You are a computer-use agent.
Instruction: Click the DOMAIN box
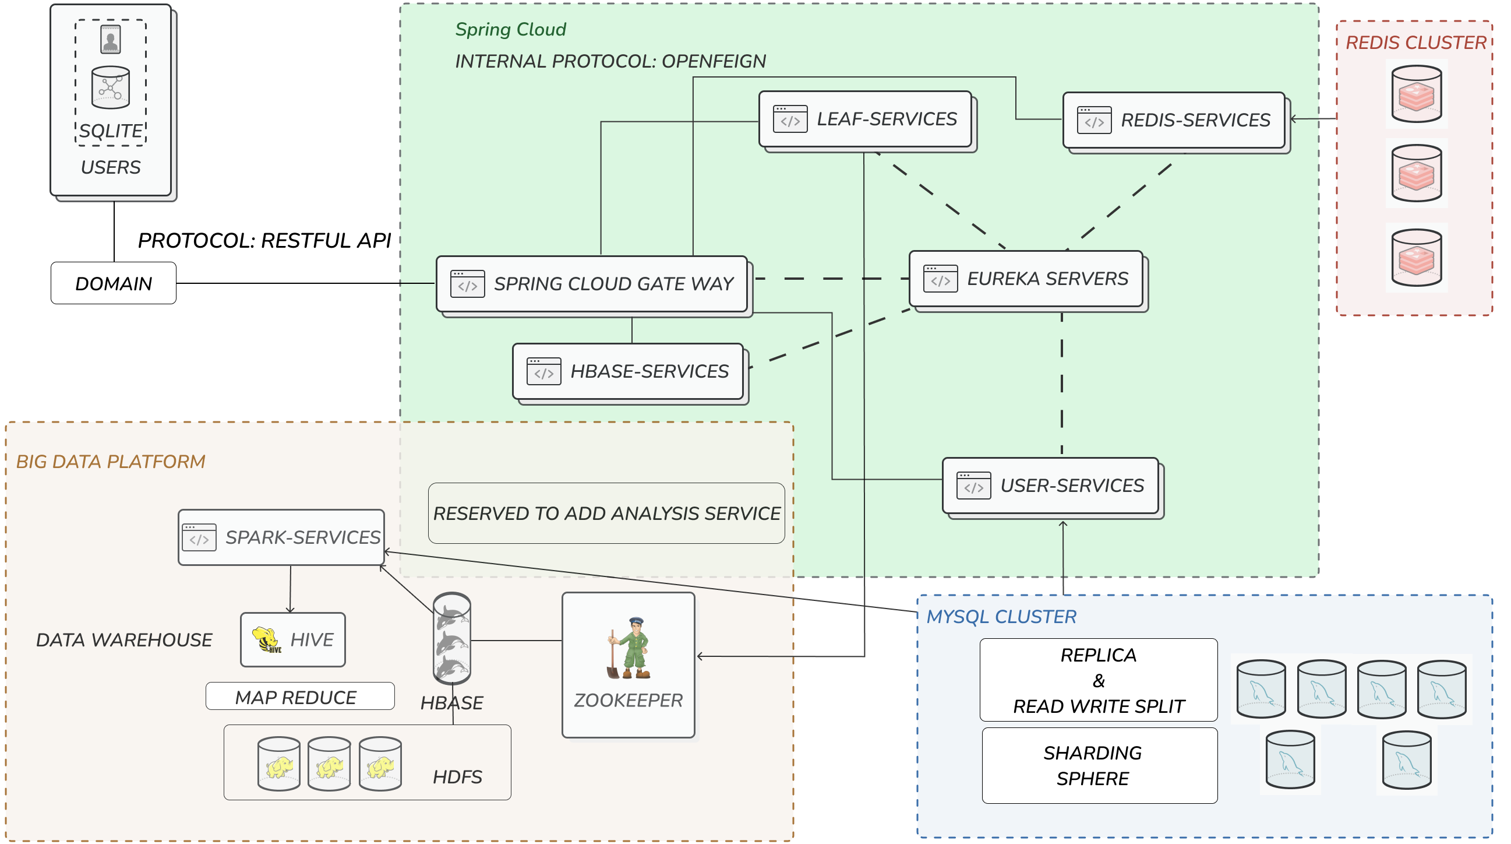pyautogui.click(x=113, y=283)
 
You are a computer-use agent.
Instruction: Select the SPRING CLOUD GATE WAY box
pyautogui.click(x=591, y=283)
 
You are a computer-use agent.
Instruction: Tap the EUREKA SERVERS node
pyautogui.click(x=1026, y=278)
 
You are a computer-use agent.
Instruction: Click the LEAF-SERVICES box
pyautogui.click(x=865, y=118)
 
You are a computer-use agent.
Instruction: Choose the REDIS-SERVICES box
pyautogui.click(x=1174, y=119)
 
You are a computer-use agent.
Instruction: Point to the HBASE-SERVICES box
pyautogui.click(x=627, y=371)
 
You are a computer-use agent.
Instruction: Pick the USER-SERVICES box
pyautogui.click(x=1051, y=486)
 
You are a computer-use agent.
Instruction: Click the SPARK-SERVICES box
pyautogui.click(x=281, y=537)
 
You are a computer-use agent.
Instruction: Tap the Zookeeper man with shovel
pyautogui.click(x=629, y=648)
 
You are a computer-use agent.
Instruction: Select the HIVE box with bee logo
pyautogui.click(x=292, y=639)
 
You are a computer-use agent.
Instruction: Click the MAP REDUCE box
pyautogui.click(x=300, y=697)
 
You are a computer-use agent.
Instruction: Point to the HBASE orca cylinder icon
pyautogui.click(x=451, y=638)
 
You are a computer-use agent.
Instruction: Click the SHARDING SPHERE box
pyautogui.click(x=1099, y=765)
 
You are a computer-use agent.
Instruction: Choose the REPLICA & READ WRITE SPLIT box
pyautogui.click(x=1098, y=680)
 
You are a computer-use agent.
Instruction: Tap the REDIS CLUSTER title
pyautogui.click(x=1415, y=43)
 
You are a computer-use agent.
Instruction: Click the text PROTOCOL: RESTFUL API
pyautogui.click(x=264, y=240)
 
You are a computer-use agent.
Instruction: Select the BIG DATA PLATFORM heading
pyautogui.click(x=110, y=461)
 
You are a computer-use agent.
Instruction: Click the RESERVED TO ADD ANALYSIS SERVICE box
pyautogui.click(x=606, y=513)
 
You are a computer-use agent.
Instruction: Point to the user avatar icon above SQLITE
pyautogui.click(x=110, y=39)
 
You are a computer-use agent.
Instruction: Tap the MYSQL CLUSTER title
pyautogui.click(x=1001, y=616)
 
